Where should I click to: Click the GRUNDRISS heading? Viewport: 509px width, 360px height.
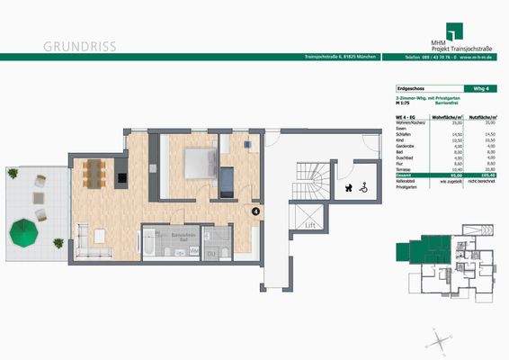[79, 45]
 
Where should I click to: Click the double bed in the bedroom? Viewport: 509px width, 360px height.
[198, 164]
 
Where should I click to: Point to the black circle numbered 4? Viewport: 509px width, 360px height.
[255, 212]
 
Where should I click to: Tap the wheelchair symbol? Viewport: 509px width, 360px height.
[363, 189]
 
